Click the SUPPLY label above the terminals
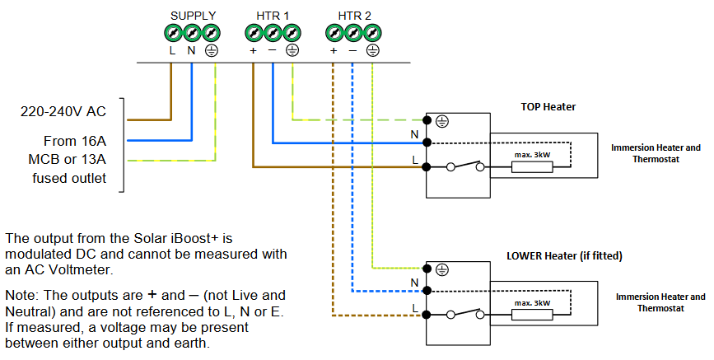coord(193,16)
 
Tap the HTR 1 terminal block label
coord(273,16)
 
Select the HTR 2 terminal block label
coord(354,16)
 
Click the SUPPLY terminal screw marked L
coord(173,33)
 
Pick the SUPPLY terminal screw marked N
coord(192,33)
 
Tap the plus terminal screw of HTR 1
coord(254,33)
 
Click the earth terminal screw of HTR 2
coord(372,33)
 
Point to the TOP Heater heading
coord(548,107)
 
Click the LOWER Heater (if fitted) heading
coord(563,256)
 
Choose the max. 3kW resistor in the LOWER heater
coord(532,315)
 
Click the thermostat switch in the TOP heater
coord(465,167)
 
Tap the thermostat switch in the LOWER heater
coord(465,314)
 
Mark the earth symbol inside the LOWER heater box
coord(441,269)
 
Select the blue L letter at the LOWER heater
coord(416,307)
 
